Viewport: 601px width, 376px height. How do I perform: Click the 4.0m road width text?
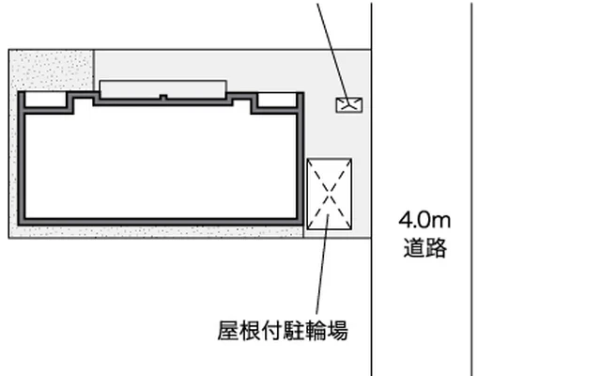(424, 221)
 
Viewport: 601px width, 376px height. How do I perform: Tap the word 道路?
(425, 247)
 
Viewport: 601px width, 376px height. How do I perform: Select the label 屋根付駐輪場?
(283, 331)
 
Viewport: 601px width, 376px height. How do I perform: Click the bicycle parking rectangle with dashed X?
(330, 195)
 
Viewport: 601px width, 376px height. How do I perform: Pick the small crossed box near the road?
(349, 104)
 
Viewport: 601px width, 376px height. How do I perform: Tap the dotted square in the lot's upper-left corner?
(51, 70)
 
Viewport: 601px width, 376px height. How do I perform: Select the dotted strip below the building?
(161, 232)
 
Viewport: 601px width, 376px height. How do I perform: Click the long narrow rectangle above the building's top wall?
(163, 89)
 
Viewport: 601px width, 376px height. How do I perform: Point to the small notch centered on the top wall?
(163, 98)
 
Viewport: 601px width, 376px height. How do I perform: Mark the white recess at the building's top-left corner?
(46, 100)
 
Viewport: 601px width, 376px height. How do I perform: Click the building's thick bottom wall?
(161, 222)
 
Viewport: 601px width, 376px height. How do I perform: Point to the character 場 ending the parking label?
(338, 331)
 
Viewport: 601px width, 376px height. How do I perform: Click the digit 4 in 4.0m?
(405, 221)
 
